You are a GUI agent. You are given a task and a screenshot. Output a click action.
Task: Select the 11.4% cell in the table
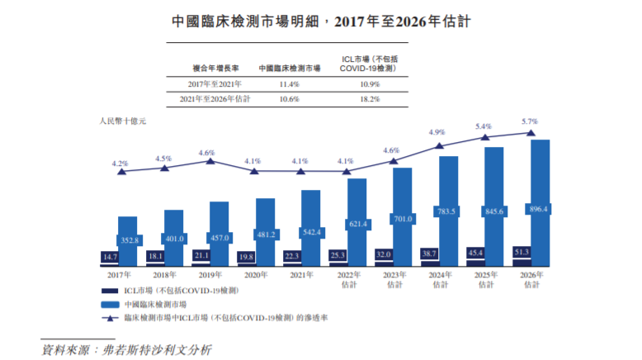pyautogui.click(x=289, y=84)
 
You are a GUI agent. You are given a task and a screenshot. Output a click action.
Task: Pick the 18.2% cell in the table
pyautogui.click(x=369, y=99)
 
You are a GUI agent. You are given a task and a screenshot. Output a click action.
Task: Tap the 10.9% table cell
pyautogui.click(x=369, y=84)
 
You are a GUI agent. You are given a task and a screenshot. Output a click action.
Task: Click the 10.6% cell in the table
pyautogui.click(x=289, y=99)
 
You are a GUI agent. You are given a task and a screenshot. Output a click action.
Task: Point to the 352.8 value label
pyautogui.click(x=128, y=240)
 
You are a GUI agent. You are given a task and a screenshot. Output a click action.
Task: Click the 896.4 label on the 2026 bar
pyautogui.click(x=538, y=209)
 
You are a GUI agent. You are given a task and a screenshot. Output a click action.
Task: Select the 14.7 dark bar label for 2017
pyautogui.click(x=111, y=257)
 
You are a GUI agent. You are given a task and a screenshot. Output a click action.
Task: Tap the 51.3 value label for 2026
pyautogui.click(x=522, y=251)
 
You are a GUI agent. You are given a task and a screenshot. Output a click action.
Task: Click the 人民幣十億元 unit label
pyautogui.click(x=121, y=121)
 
